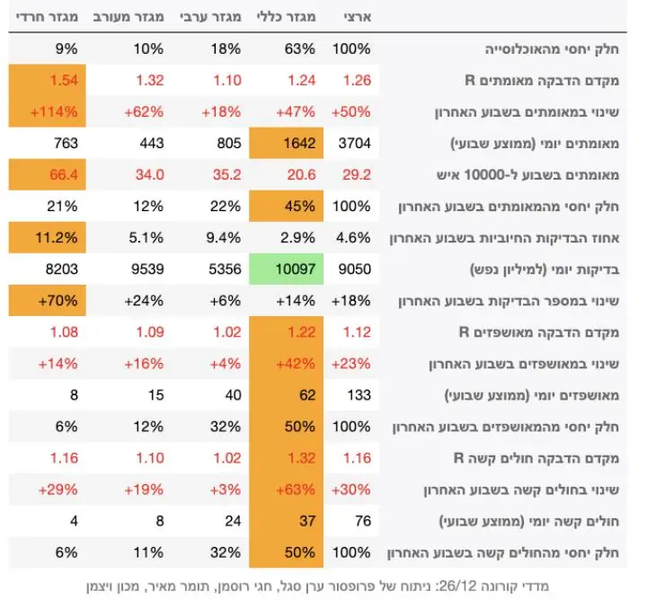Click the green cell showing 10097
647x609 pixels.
click(286, 269)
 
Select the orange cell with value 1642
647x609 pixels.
click(286, 143)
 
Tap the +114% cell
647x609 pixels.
click(47, 111)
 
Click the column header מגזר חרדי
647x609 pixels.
click(47, 17)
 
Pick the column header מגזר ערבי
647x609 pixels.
click(210, 17)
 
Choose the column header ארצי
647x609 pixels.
click(358, 17)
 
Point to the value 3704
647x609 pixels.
click(354, 143)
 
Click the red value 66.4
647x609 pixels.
click(64, 174)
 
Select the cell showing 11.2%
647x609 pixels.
click(47, 237)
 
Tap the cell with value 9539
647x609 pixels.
click(147, 269)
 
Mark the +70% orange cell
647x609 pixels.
click(47, 301)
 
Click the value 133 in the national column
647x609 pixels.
click(359, 395)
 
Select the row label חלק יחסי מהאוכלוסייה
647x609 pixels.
click(552, 49)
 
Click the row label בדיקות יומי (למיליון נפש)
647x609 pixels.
click(545, 269)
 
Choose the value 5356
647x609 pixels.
click(225, 269)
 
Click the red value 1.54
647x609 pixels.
click(64, 80)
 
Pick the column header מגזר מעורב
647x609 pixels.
click(129, 17)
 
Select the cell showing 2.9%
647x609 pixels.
click(297, 237)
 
